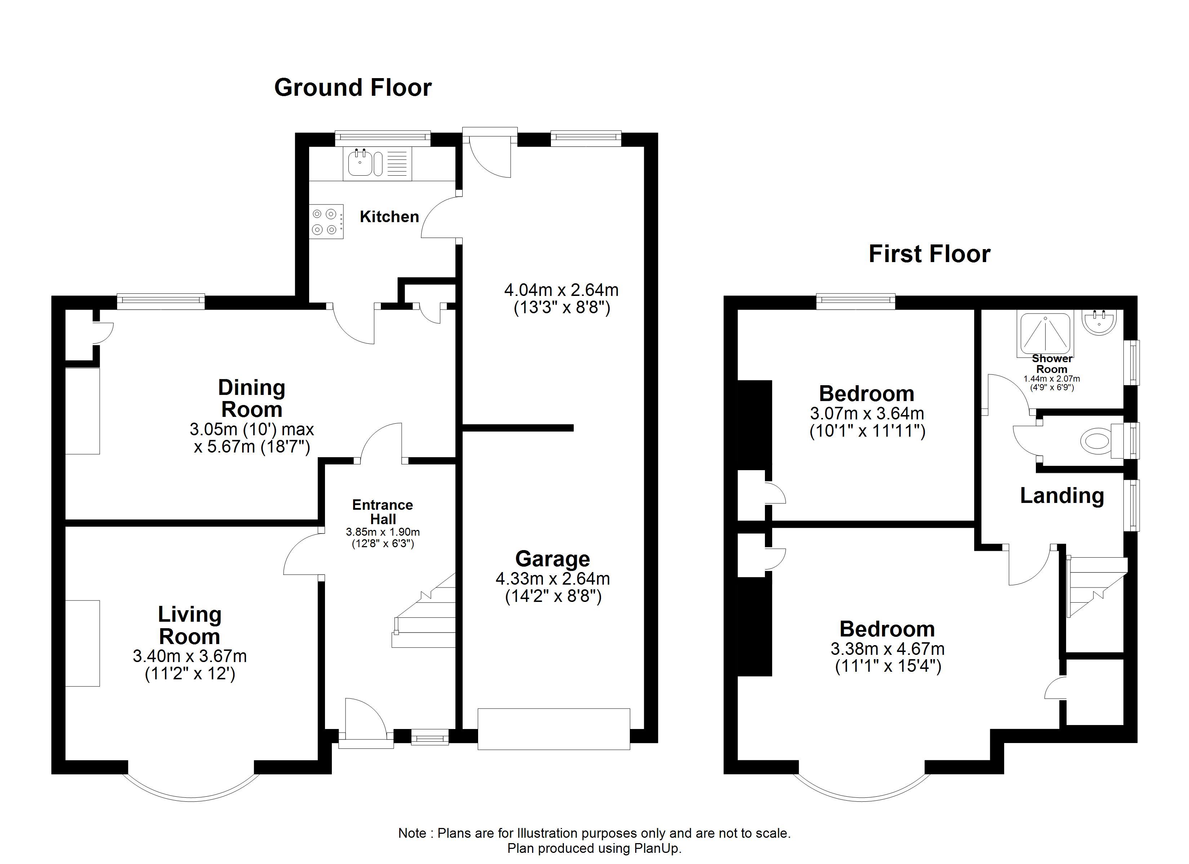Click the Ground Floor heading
(x=353, y=87)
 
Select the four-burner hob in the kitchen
(x=326, y=222)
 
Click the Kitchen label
(x=389, y=216)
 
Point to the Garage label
(x=553, y=559)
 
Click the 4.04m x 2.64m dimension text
(x=561, y=290)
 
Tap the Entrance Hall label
(x=383, y=512)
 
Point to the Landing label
(x=1062, y=496)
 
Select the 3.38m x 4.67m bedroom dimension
(x=887, y=649)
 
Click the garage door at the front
(x=554, y=729)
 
